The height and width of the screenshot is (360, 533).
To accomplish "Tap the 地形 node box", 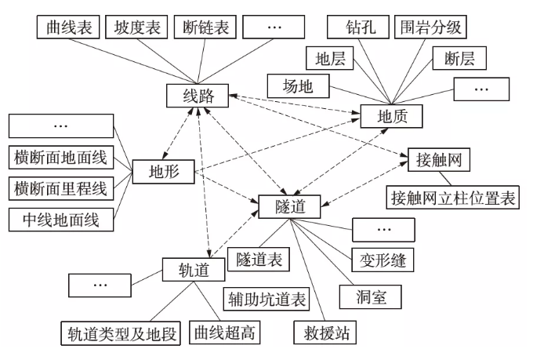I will [162, 171].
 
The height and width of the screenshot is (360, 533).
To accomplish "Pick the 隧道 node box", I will [288, 206].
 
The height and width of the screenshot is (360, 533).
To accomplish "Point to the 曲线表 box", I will [65, 28].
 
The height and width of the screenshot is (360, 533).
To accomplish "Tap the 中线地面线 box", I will [60, 219].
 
